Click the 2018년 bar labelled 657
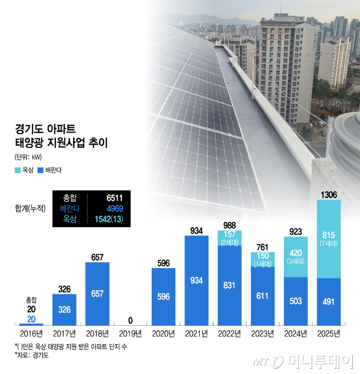97,293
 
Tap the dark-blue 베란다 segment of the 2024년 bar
295,301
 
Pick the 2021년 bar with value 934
196,280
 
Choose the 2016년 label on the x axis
31,334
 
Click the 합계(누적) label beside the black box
31,208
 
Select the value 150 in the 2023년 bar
263,256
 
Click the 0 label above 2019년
130,319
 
